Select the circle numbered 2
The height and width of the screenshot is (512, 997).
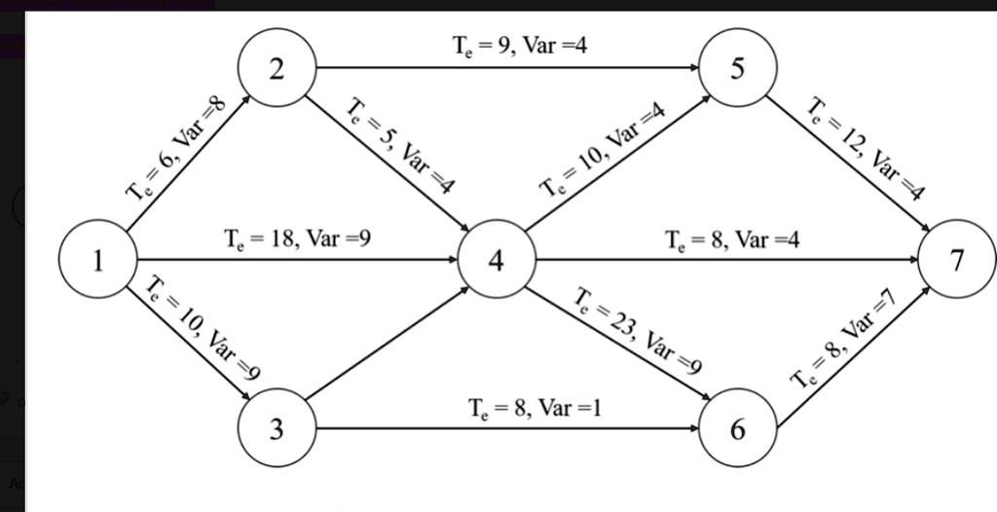(x=277, y=69)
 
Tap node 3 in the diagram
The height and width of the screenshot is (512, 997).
(x=277, y=428)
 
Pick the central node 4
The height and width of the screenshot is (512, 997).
(x=496, y=261)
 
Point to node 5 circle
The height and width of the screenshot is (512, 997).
(x=739, y=69)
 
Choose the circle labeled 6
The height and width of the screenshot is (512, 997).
(x=739, y=428)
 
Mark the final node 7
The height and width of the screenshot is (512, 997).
(x=958, y=261)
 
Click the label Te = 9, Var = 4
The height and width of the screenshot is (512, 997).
(x=521, y=44)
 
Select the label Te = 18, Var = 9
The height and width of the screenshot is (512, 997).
(x=297, y=238)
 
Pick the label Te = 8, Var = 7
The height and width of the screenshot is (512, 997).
(x=843, y=346)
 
